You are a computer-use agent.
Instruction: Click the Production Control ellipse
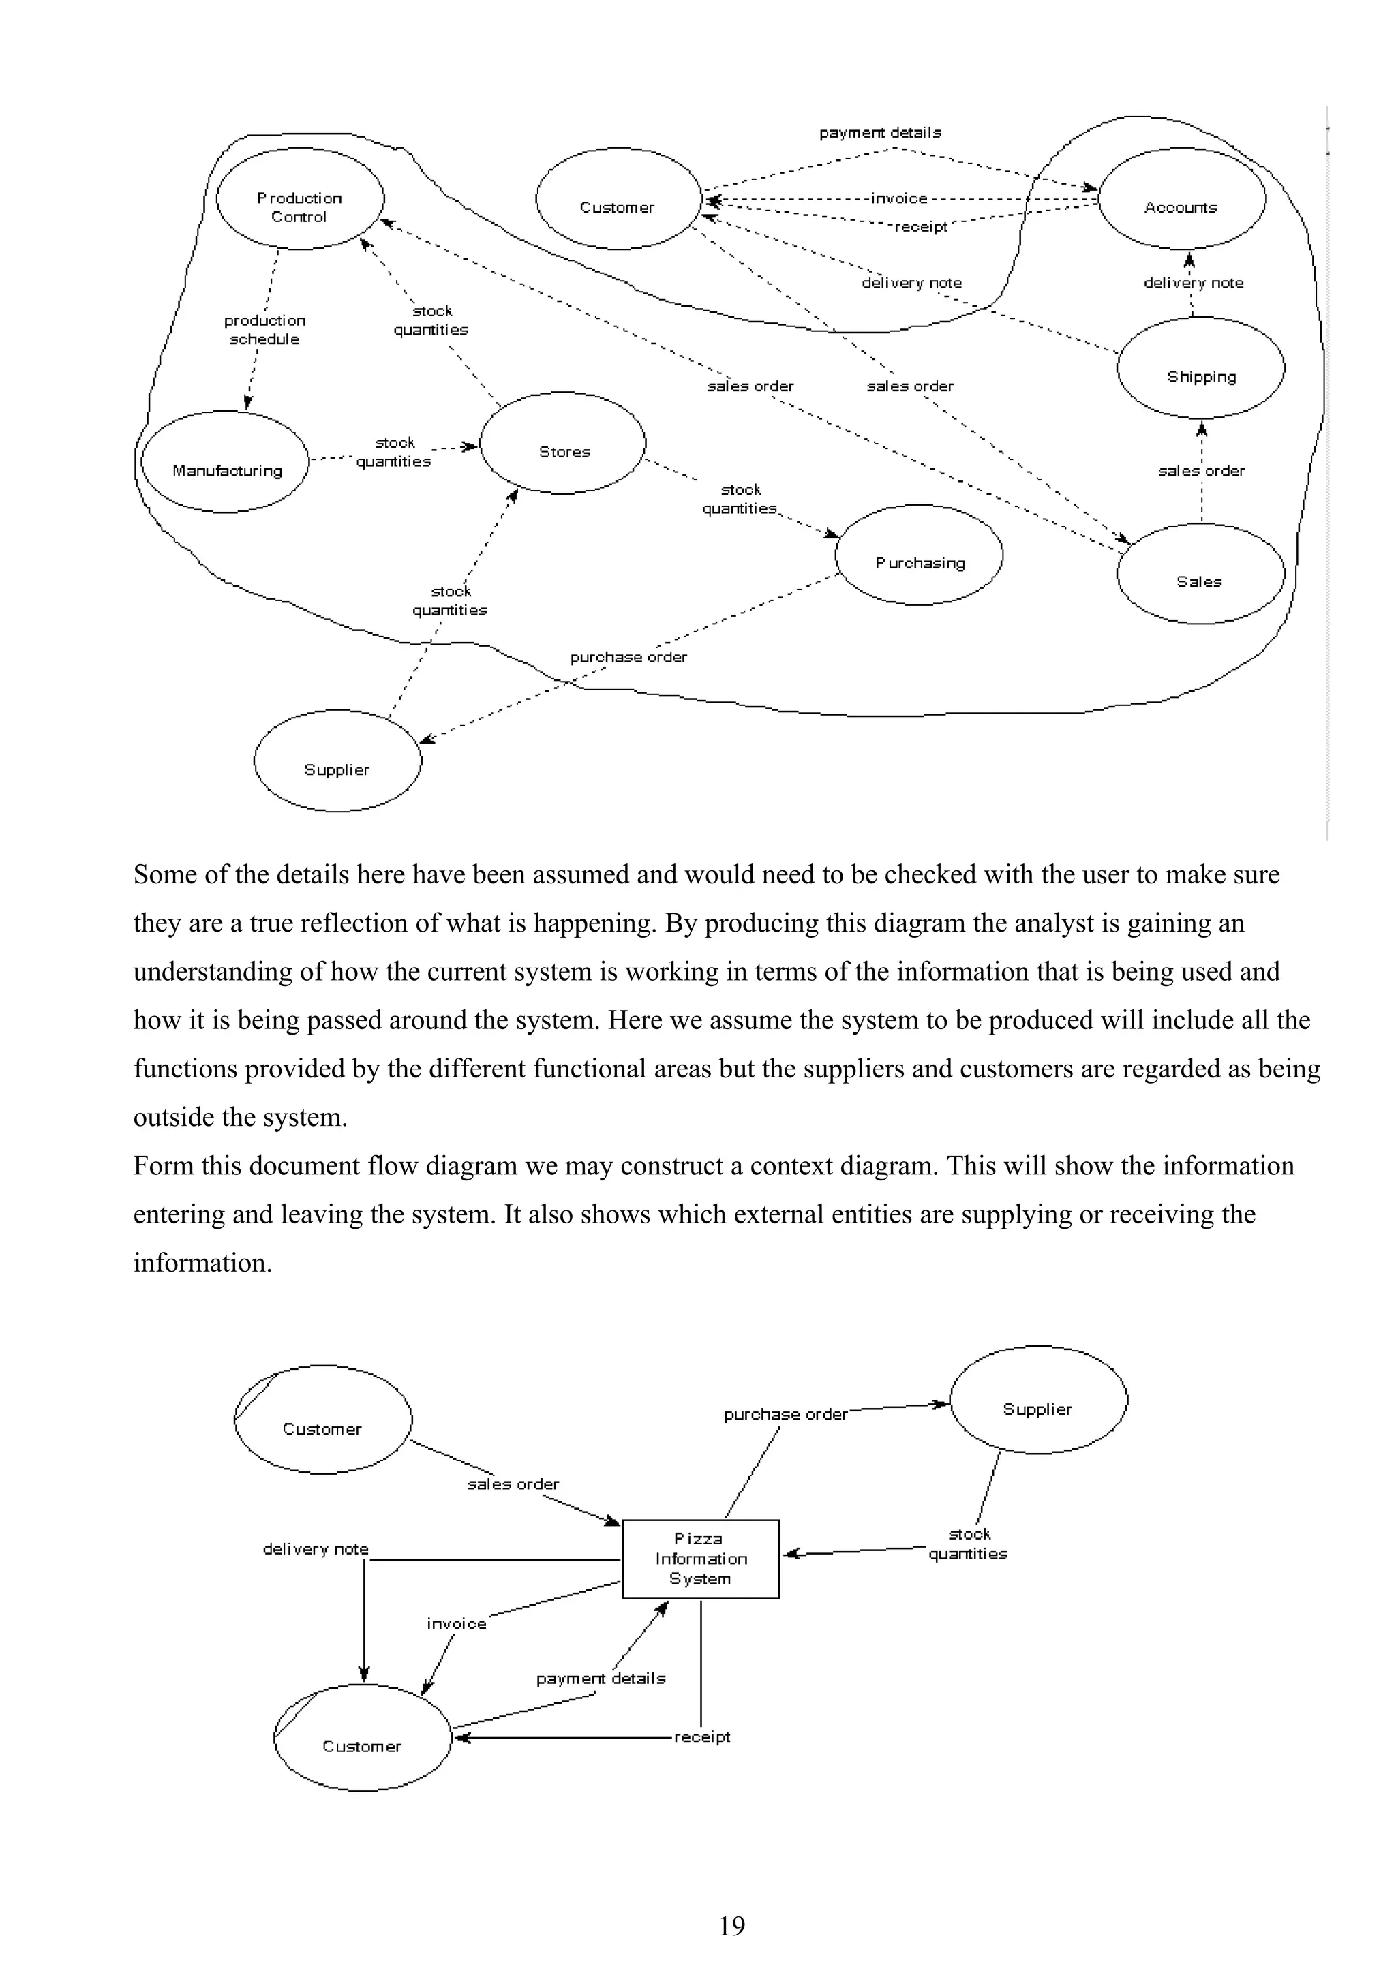299,200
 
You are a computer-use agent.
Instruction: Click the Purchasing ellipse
919,555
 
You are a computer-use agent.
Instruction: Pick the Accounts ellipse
1182,200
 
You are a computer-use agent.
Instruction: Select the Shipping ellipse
1201,369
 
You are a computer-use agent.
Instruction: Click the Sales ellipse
1200,574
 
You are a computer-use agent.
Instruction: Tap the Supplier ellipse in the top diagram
337,761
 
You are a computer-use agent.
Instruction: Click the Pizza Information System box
700,1559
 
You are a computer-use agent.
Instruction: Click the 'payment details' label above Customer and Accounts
880,132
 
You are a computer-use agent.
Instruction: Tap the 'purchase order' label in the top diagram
628,657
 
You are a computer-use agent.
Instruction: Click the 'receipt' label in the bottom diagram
702,1736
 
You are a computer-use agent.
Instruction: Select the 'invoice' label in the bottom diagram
456,1624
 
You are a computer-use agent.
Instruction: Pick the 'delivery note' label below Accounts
1193,283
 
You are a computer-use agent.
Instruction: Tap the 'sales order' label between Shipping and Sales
1201,470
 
